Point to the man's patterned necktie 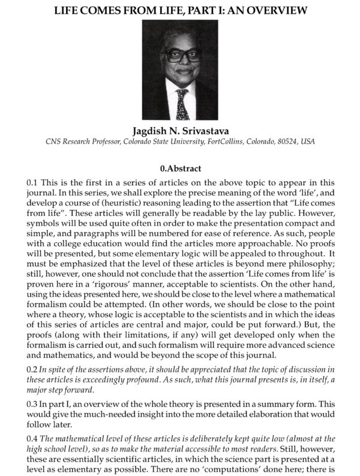(x=182, y=104)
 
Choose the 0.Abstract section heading (x=179, y=168)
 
